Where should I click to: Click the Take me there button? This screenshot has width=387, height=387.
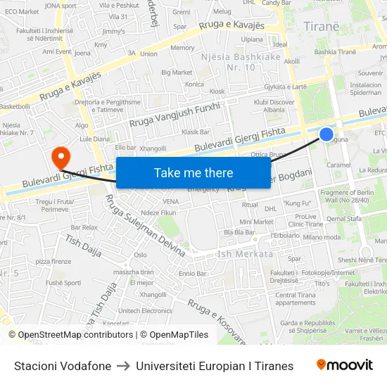click(193, 172)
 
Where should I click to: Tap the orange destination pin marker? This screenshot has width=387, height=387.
click(61, 156)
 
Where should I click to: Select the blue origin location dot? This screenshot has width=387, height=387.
click(326, 134)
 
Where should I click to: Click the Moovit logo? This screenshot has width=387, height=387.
click(345, 365)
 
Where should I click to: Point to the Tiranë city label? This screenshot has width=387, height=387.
click(322, 26)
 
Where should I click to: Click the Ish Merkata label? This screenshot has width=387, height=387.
click(246, 254)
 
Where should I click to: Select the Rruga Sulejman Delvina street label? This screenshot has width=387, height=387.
click(145, 227)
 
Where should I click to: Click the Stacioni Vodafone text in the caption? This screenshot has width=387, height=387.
click(63, 366)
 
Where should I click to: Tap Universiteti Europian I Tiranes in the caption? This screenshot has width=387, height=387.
click(215, 366)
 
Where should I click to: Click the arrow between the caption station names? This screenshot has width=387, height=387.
click(123, 366)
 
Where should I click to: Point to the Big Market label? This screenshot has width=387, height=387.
click(177, 72)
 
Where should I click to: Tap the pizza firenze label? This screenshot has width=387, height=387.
click(53, 261)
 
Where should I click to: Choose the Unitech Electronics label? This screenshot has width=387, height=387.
click(145, 310)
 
